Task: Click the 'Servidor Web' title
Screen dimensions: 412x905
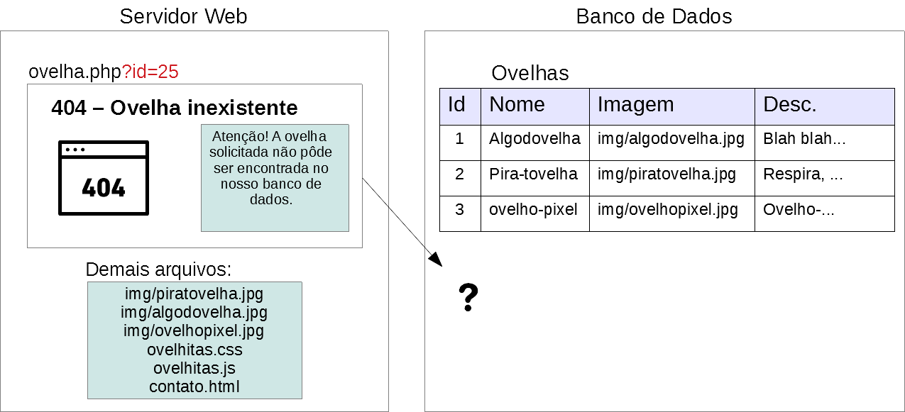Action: (183, 16)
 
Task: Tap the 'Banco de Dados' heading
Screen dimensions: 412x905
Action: (654, 16)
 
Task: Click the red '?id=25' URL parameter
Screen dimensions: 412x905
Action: (150, 72)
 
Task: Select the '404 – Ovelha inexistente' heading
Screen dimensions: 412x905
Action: (175, 108)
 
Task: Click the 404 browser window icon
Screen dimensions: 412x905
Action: (104, 177)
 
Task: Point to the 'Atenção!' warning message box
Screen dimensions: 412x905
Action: (275, 177)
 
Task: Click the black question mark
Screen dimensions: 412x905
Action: (468, 298)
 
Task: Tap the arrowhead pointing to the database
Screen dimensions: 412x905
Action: (437, 260)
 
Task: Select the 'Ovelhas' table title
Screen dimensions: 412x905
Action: (530, 73)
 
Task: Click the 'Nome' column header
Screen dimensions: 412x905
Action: (517, 105)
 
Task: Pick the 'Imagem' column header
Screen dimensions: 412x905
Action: (635, 105)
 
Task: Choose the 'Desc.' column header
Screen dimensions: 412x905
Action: (790, 105)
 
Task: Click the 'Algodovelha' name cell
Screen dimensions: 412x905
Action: (534, 139)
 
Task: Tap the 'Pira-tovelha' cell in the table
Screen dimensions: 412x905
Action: (533, 174)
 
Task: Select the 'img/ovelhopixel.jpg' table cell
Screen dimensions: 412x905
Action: (667, 210)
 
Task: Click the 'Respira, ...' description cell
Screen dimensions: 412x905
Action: (803, 174)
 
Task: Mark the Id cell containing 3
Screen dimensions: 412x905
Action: (459, 210)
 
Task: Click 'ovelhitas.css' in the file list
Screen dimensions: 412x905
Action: (194, 350)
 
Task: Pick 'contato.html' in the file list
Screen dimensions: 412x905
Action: (194, 386)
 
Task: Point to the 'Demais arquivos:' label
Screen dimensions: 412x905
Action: (158, 269)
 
